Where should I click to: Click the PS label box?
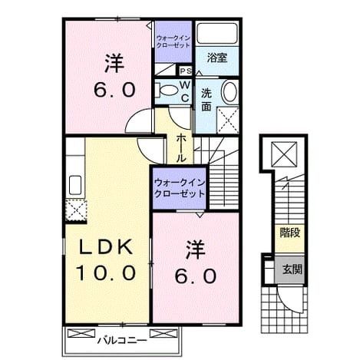[x=186, y=71]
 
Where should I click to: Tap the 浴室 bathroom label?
[x=217, y=58]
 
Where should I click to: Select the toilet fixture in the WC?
[x=167, y=90]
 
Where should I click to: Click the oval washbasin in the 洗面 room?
[x=230, y=92]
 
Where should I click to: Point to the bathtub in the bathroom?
[x=217, y=33]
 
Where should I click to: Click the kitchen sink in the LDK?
[x=75, y=185]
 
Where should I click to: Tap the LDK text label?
[x=106, y=246]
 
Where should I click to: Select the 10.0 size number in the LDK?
[x=107, y=272]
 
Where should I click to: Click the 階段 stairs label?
[x=290, y=233]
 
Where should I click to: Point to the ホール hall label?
[x=181, y=148]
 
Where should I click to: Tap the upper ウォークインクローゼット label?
[x=173, y=41]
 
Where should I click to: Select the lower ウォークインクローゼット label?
[x=180, y=188]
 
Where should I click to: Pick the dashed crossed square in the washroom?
[x=228, y=120]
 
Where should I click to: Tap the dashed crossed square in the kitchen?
[x=76, y=210]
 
